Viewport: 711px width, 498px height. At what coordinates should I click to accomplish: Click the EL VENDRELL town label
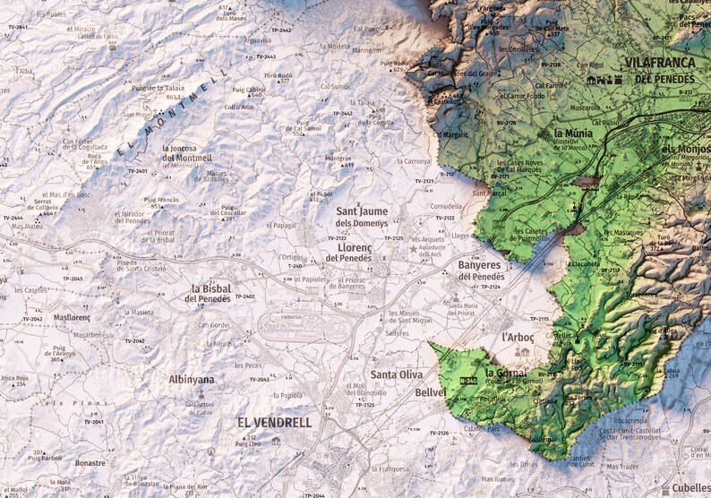click(x=274, y=422)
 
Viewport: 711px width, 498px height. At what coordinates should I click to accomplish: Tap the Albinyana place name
click(x=192, y=380)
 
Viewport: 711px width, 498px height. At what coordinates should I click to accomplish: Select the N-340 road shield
click(x=467, y=382)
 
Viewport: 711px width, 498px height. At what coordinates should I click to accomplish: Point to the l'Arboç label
click(x=518, y=338)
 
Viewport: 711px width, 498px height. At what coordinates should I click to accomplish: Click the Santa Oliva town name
click(x=397, y=375)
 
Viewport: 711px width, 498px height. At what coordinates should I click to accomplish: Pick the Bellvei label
click(x=430, y=393)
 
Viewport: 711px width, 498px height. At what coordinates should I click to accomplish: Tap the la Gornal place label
click(x=505, y=372)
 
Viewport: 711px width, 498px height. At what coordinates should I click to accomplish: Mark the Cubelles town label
click(x=691, y=487)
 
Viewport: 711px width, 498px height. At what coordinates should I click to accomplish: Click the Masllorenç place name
click(x=73, y=317)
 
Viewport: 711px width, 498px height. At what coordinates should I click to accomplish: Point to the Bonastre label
click(x=90, y=463)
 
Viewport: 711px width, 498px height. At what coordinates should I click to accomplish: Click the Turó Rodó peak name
click(x=278, y=75)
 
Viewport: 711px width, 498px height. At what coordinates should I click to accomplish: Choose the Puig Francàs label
click(x=162, y=200)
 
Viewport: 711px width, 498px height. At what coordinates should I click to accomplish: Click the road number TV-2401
click(x=136, y=170)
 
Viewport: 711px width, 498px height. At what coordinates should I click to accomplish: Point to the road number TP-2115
click(x=538, y=319)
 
